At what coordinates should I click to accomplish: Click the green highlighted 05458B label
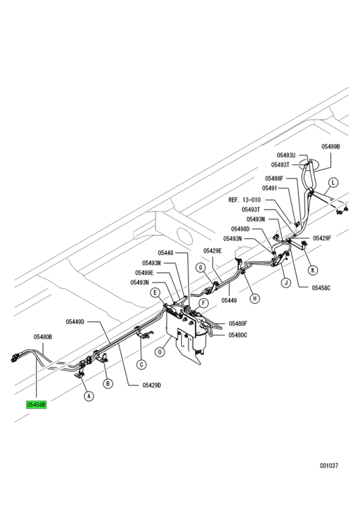[37, 405]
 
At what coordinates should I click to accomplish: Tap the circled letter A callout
[89, 396]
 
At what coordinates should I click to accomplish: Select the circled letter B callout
[108, 384]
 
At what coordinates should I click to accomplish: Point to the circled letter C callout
[141, 365]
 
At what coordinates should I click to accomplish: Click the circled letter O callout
[160, 352]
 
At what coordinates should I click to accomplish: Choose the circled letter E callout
[155, 292]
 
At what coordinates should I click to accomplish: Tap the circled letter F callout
[203, 304]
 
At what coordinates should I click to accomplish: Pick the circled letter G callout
[200, 267]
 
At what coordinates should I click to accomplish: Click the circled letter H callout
[255, 298]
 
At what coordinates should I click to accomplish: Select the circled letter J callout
[285, 283]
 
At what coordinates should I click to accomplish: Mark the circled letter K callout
[313, 270]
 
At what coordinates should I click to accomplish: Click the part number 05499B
[330, 147]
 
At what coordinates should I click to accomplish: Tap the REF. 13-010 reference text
[245, 200]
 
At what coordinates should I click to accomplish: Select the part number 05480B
[43, 337]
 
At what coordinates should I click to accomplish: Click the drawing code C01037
[329, 465]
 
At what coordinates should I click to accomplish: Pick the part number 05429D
[152, 385]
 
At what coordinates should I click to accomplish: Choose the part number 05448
[165, 252]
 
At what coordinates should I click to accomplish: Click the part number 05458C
[321, 288]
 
